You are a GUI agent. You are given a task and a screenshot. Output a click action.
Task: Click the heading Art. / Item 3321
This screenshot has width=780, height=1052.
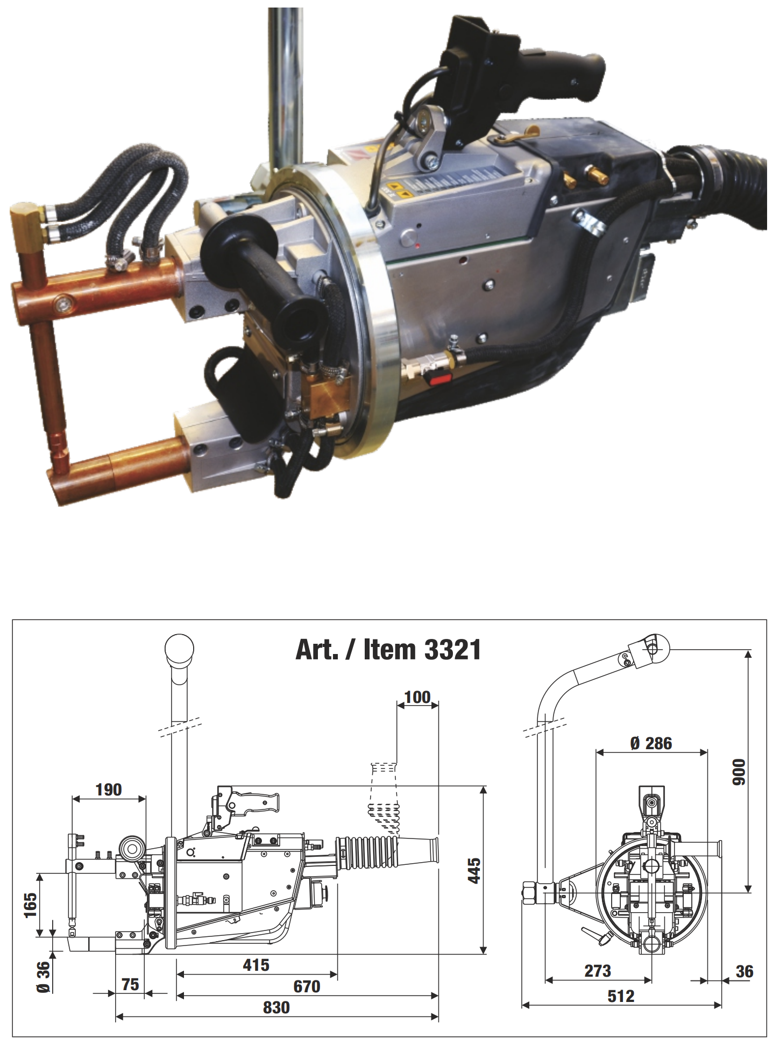388,650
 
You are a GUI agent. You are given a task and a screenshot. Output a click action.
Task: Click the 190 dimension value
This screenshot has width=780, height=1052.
109,790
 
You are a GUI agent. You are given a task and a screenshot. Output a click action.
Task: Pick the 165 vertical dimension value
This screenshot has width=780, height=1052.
30,905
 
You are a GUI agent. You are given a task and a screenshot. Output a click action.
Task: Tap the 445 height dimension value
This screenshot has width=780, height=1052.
474,870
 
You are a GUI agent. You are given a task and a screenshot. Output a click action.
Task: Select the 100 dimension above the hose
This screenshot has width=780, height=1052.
417,697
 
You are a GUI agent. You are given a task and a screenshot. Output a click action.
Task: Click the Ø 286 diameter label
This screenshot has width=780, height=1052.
651,743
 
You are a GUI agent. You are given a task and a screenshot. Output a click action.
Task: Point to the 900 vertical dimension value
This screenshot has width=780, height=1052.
739,772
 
